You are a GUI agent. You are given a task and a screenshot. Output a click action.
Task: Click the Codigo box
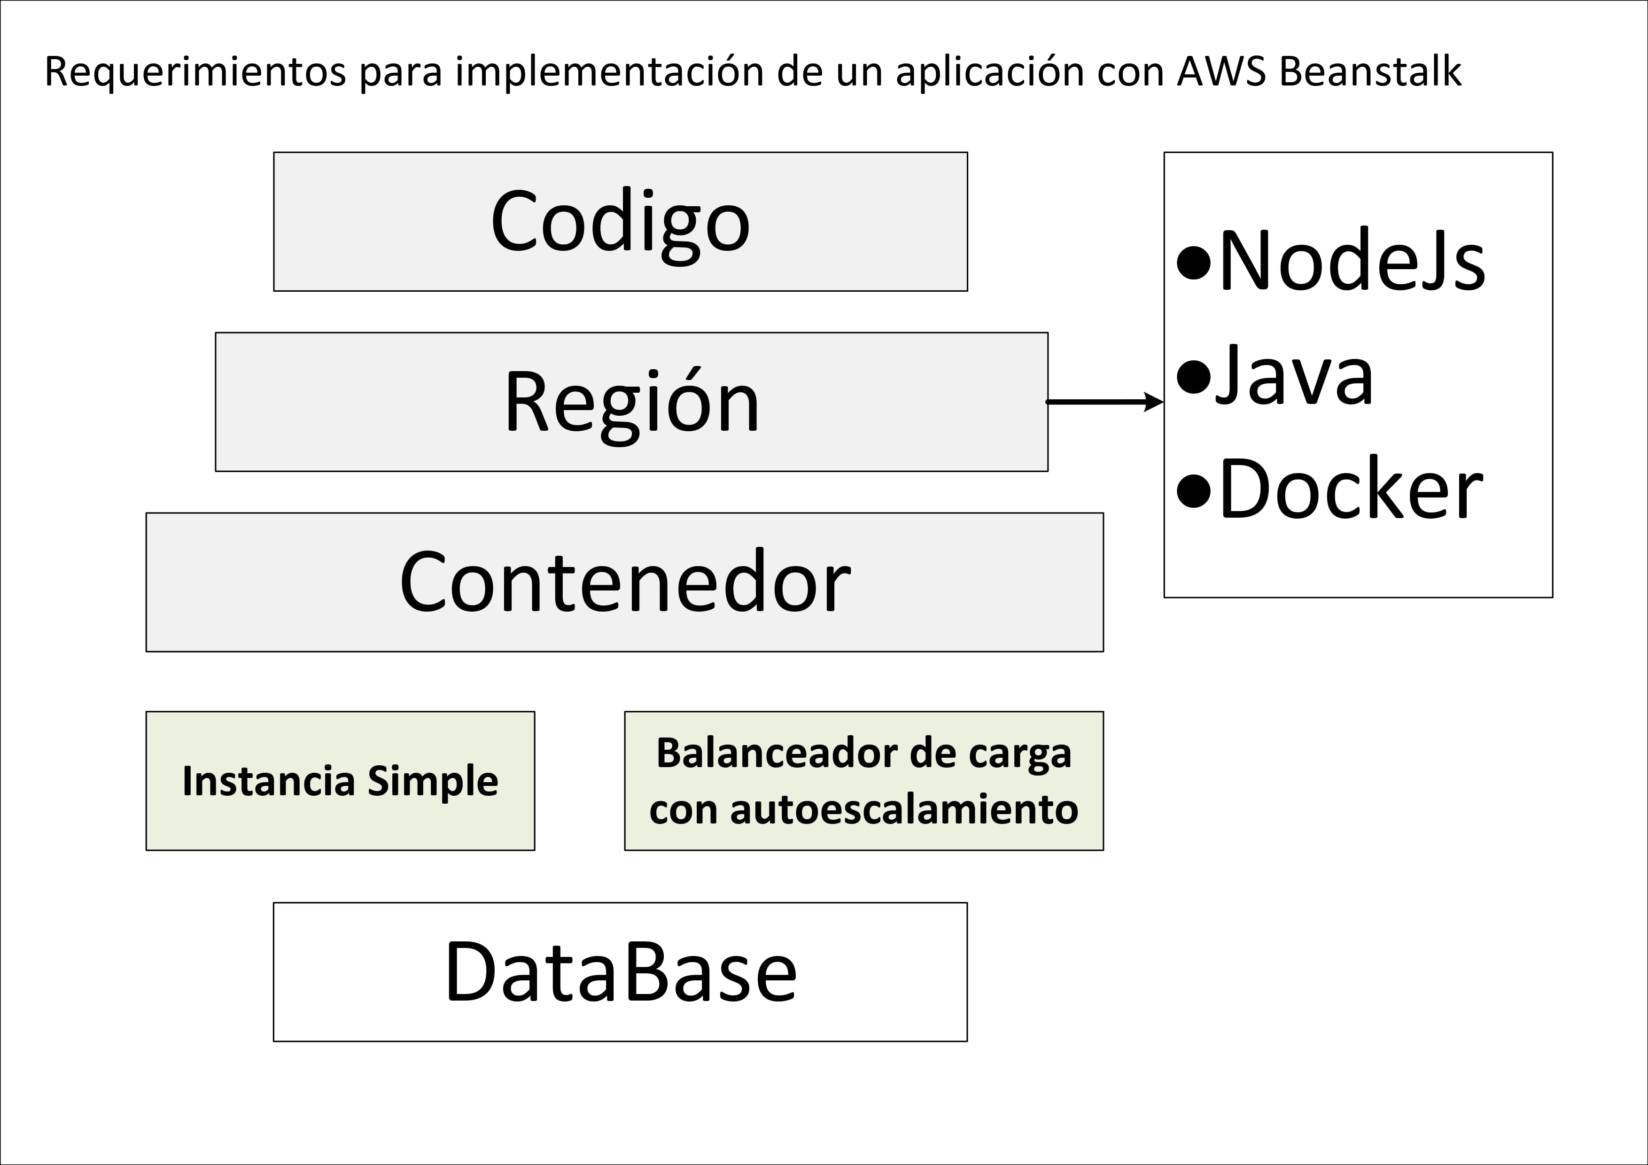coord(620,222)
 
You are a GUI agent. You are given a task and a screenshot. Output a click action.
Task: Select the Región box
coord(632,402)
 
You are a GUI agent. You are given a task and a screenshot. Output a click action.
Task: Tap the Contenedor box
coord(624,582)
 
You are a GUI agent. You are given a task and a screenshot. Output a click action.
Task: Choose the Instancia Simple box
coord(340,781)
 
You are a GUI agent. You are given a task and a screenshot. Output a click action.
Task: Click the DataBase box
coord(620,972)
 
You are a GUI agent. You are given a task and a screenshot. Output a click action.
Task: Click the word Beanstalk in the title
coord(1370,72)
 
